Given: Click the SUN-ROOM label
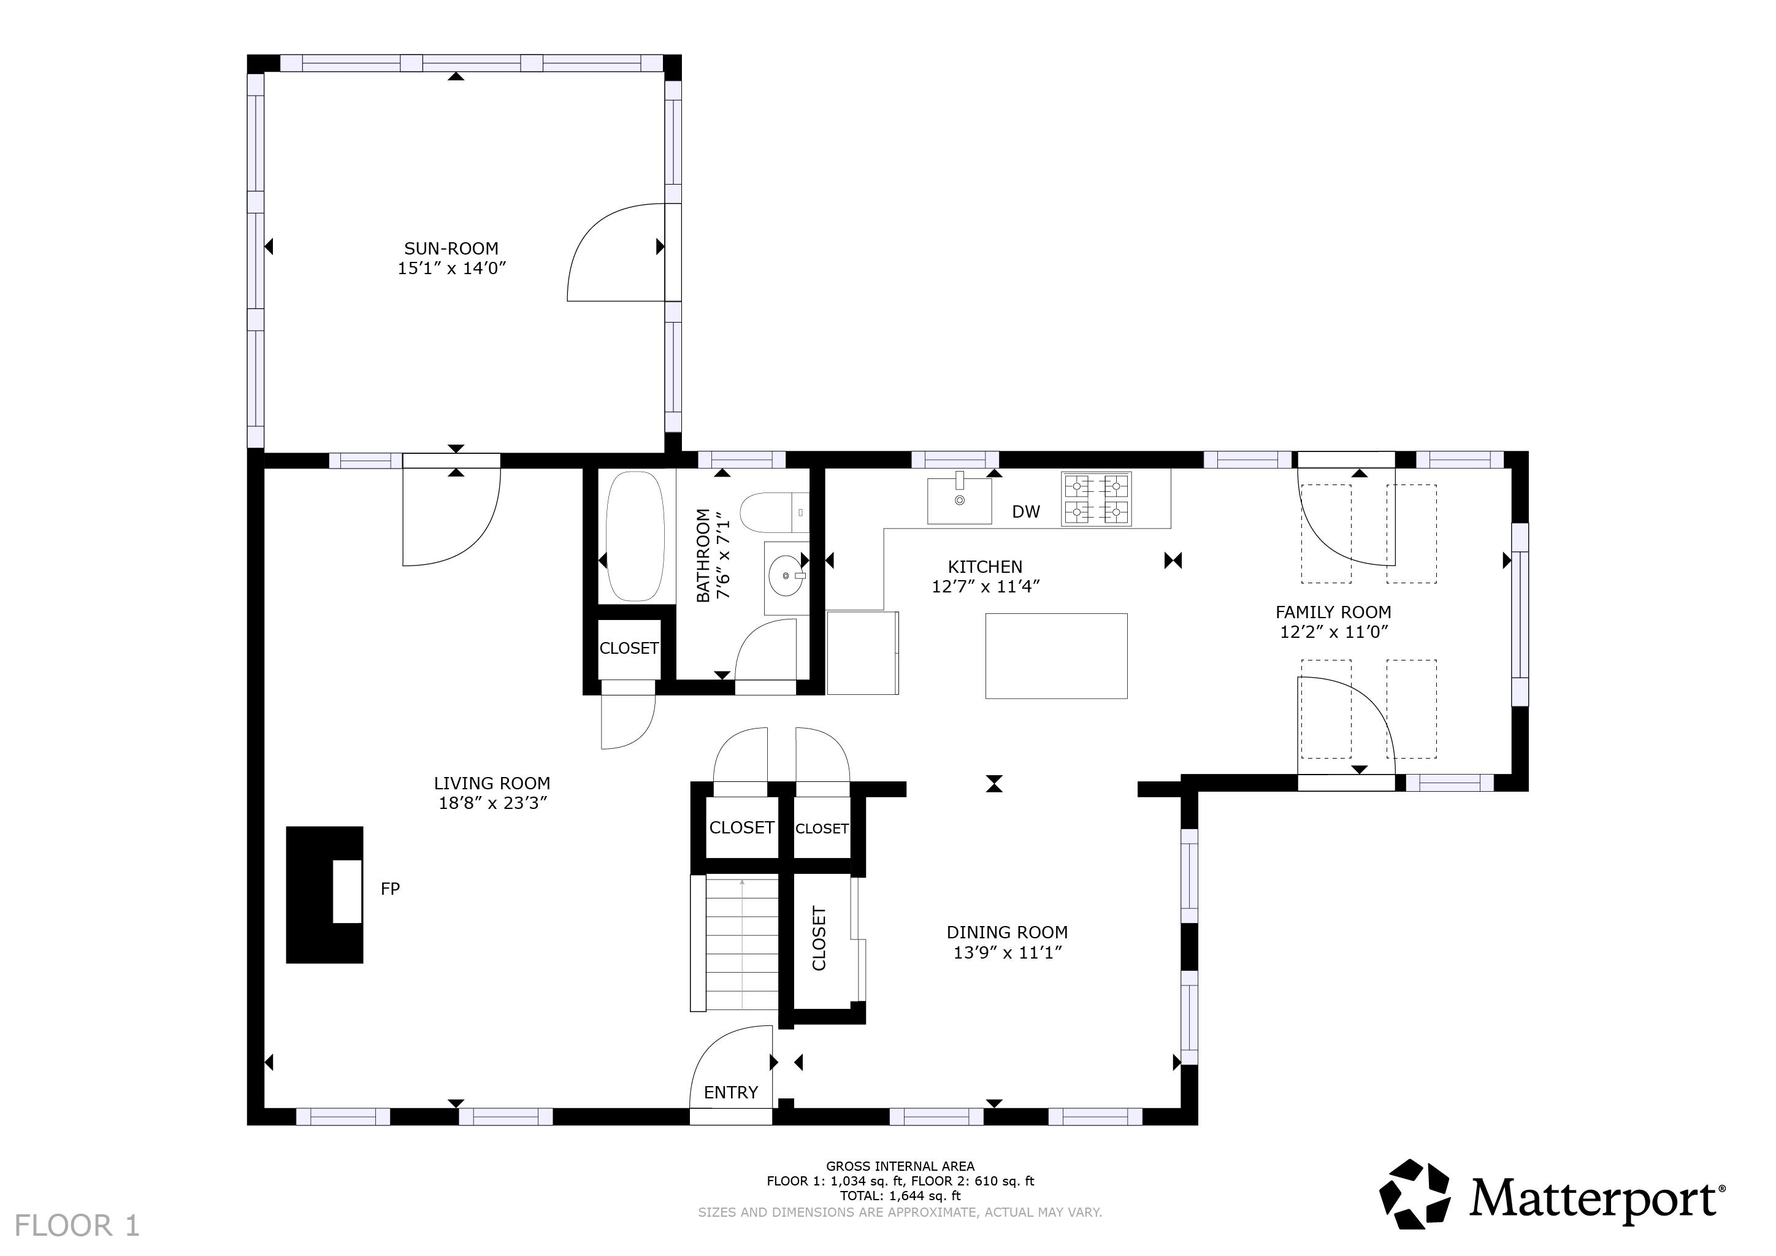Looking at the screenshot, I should click(451, 248).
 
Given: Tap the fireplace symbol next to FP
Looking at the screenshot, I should click(325, 895).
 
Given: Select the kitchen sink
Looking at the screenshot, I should click(959, 500).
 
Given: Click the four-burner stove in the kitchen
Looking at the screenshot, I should click(1096, 500).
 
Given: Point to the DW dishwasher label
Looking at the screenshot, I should click(1026, 512).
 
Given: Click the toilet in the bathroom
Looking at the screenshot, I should click(767, 513).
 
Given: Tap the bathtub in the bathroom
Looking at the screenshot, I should click(634, 536).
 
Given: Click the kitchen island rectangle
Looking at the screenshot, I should click(1056, 656).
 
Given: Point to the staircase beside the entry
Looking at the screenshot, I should click(741, 944).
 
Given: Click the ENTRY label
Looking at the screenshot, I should click(730, 1092).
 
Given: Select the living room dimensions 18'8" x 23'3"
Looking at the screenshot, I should click(492, 803).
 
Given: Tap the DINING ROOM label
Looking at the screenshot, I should click(1006, 933).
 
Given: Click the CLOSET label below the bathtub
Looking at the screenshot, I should click(628, 648).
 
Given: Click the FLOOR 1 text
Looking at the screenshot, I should click(77, 1226).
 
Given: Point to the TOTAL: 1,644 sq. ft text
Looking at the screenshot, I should click(900, 1196).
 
